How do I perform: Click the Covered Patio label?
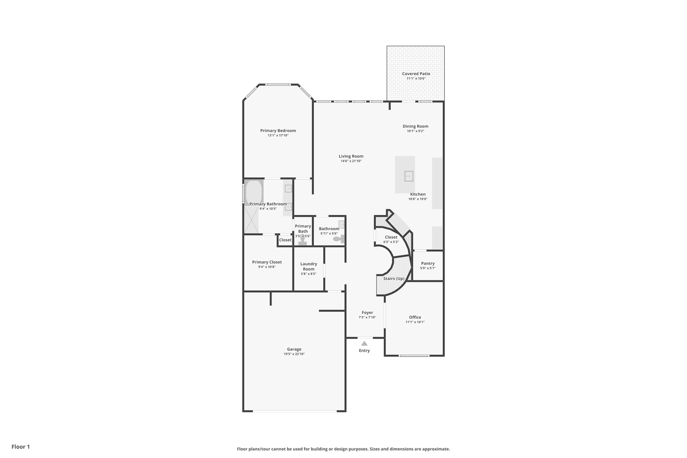coord(416,74)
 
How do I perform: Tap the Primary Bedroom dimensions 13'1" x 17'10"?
coord(278,136)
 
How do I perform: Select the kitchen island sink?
coord(409,176)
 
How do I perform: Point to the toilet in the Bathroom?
coord(339,239)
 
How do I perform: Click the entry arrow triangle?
coord(364,343)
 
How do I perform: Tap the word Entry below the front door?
coord(364,351)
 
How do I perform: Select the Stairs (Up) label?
coord(394,278)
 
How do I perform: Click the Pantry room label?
coord(428,263)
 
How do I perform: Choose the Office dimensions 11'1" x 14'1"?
coord(415,322)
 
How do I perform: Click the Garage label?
coord(294,349)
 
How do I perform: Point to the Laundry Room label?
coord(309,266)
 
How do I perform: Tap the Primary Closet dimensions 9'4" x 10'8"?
coord(267,267)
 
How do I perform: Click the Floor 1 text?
coord(21,447)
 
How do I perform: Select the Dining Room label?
coord(415,126)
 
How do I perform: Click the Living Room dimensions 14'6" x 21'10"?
coord(351,161)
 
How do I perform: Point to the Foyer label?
coord(367,312)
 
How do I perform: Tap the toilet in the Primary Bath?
coord(303,241)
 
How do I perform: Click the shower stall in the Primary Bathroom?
coord(251,220)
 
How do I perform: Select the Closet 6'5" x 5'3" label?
coord(391,237)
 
